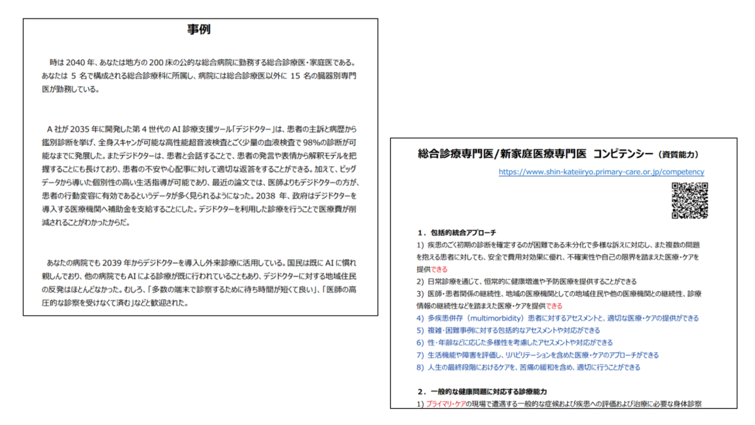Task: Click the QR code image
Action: [x=690, y=201]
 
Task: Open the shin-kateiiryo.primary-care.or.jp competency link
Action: [x=601, y=172]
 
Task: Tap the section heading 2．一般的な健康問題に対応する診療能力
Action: [x=482, y=391]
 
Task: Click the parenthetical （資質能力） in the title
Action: [x=678, y=155]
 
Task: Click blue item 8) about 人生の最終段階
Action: [x=528, y=367]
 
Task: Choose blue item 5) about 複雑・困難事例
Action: [x=508, y=331]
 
